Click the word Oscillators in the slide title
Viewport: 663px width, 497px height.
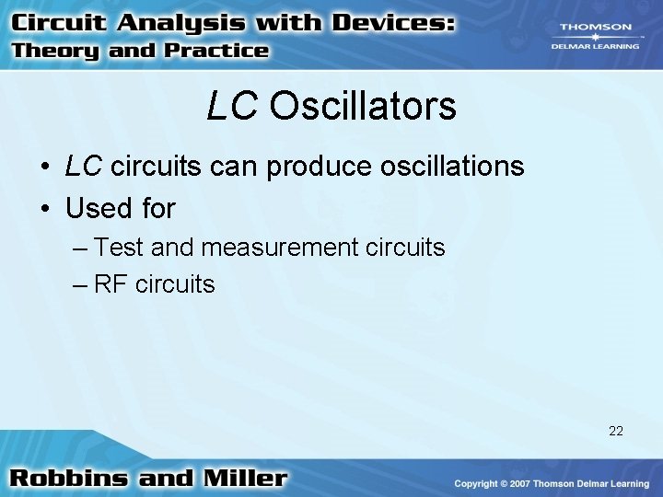(363, 107)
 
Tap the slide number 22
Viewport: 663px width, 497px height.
(616, 430)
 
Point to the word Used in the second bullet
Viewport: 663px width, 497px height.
(99, 209)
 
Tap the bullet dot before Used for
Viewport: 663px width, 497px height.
(44, 210)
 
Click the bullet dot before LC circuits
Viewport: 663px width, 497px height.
(44, 168)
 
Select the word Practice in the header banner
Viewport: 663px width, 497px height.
(215, 52)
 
